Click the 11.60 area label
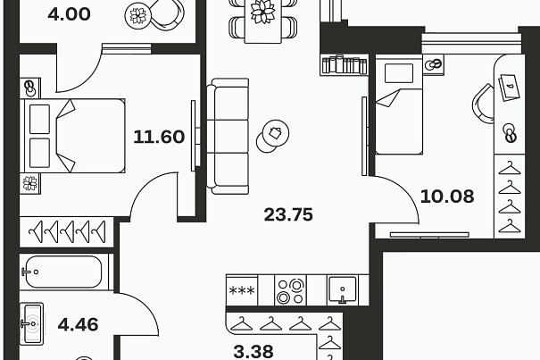(x=159, y=137)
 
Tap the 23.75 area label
(x=288, y=214)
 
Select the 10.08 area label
(x=447, y=197)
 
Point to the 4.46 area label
(x=78, y=324)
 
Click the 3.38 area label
(x=253, y=352)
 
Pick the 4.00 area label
(x=70, y=14)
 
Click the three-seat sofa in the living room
(x=228, y=136)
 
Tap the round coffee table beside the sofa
(x=273, y=136)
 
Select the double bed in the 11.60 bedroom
(x=72, y=136)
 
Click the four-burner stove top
(x=290, y=290)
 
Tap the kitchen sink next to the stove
(x=342, y=289)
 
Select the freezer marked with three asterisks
(x=242, y=290)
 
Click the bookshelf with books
(x=345, y=64)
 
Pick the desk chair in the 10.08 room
(x=483, y=103)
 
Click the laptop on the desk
(x=508, y=87)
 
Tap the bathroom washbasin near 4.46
(x=31, y=323)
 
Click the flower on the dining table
(x=262, y=12)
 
